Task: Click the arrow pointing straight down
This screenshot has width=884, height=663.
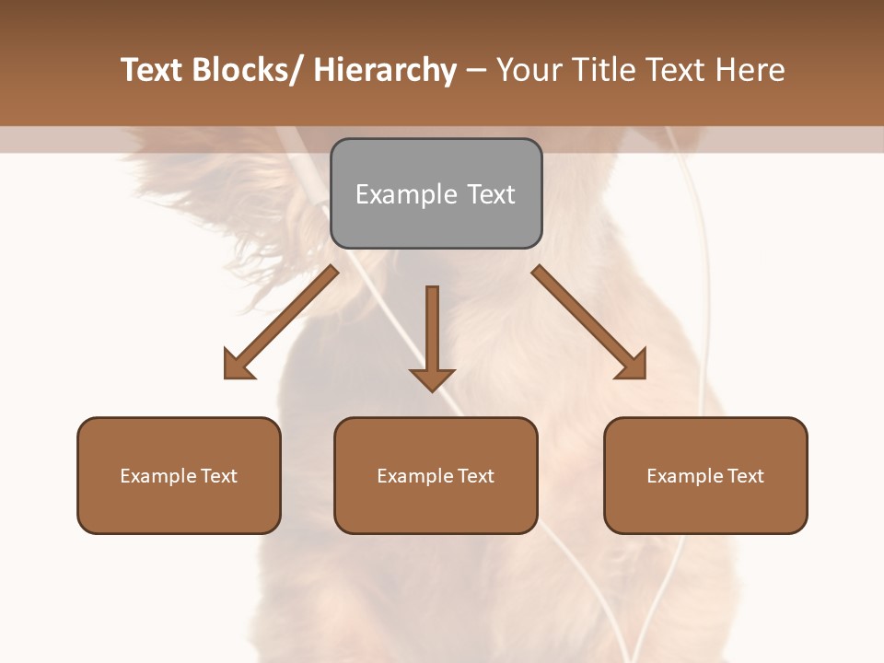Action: (x=432, y=336)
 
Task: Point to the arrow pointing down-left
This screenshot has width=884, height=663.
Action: (x=281, y=322)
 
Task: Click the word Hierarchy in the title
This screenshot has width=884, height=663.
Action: (x=385, y=70)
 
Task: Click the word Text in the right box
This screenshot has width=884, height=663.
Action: (x=744, y=476)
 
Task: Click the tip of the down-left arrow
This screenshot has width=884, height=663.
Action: (x=227, y=376)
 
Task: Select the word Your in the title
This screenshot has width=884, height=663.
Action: (x=530, y=70)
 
